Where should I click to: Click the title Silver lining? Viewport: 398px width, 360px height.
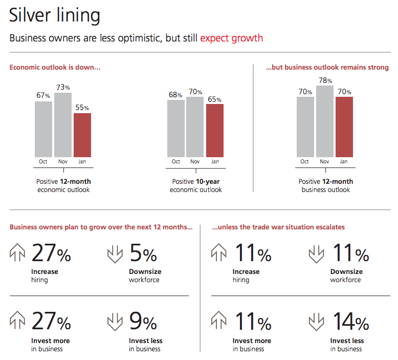(x=55, y=15)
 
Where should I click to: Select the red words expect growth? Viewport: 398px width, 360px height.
(x=231, y=38)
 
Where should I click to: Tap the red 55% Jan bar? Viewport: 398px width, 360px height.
(x=82, y=135)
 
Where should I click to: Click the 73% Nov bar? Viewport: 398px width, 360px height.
(x=63, y=125)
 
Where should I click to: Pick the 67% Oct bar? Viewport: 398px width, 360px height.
(x=43, y=129)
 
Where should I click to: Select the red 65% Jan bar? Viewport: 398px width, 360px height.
(x=215, y=131)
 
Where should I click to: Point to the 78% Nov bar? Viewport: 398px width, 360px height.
(x=324, y=121)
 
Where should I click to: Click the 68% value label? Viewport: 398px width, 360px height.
(x=176, y=95)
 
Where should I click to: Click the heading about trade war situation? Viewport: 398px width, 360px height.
(x=278, y=227)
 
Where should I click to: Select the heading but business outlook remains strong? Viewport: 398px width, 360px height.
(x=327, y=68)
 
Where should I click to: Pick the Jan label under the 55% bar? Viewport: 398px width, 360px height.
(x=82, y=162)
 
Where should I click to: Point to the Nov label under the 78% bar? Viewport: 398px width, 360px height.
(x=324, y=162)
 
